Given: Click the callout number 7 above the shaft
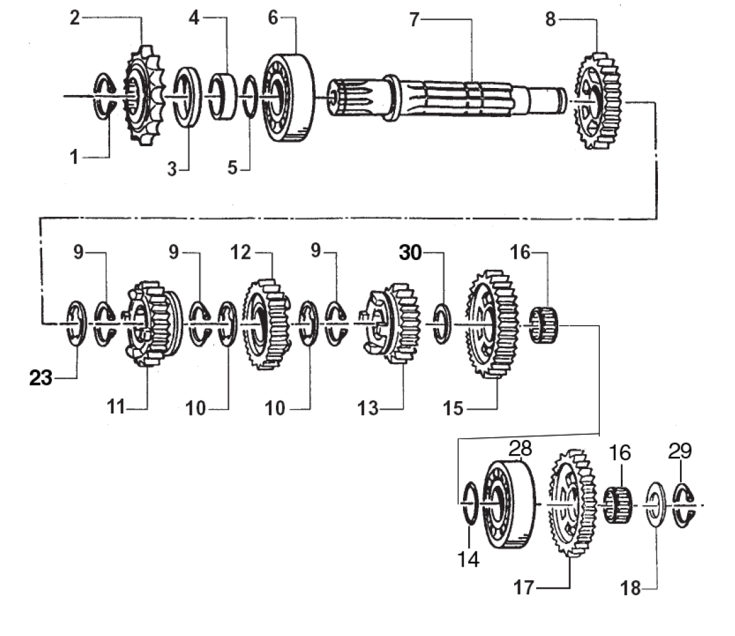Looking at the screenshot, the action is (414, 19).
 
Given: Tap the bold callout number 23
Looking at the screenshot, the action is (41, 377).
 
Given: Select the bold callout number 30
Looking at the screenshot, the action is (411, 252).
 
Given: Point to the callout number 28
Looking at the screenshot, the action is (520, 448).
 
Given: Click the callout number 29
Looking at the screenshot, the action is (680, 450).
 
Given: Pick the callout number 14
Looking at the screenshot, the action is (468, 559).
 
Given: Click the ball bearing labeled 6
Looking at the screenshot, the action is (288, 98).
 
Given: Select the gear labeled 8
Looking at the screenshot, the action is (598, 101).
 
